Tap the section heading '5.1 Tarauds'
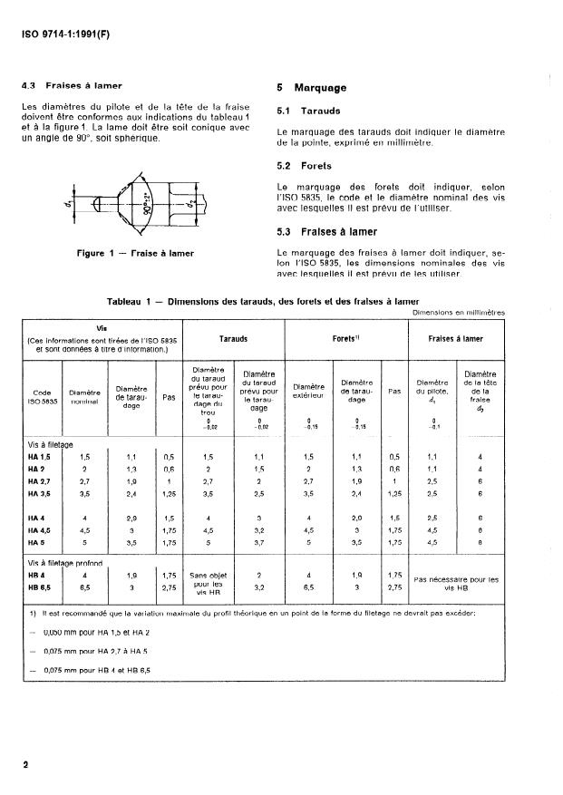pos(309,112)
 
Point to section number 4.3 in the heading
pos(29,87)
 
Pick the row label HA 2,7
pos(40,482)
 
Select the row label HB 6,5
pos(40,587)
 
